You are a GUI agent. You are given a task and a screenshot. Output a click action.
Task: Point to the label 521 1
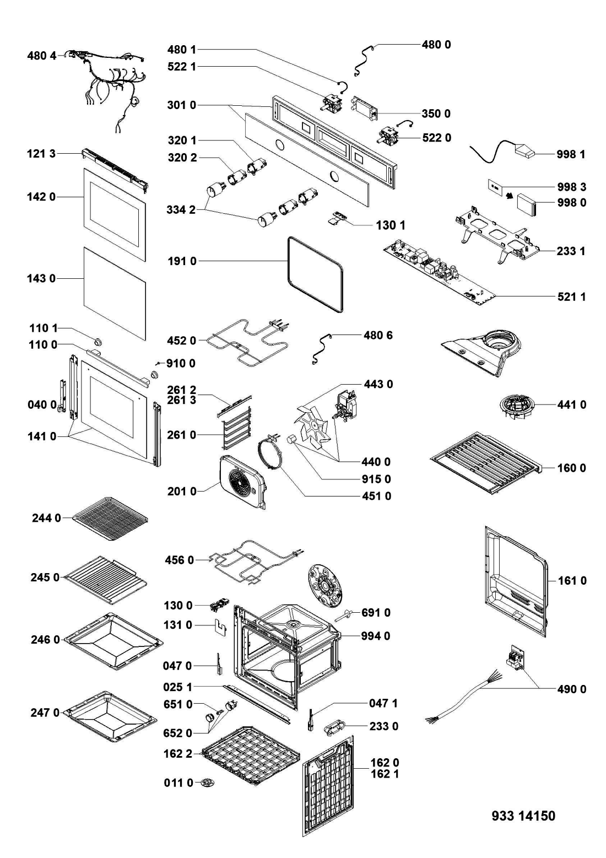tap(570, 297)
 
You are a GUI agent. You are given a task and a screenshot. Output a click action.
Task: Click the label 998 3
tap(570, 187)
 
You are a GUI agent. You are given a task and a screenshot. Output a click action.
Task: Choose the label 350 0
tap(435, 114)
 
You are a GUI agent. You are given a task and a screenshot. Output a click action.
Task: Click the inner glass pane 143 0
tap(115, 292)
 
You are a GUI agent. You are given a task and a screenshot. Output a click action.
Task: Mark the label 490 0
tap(570, 689)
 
